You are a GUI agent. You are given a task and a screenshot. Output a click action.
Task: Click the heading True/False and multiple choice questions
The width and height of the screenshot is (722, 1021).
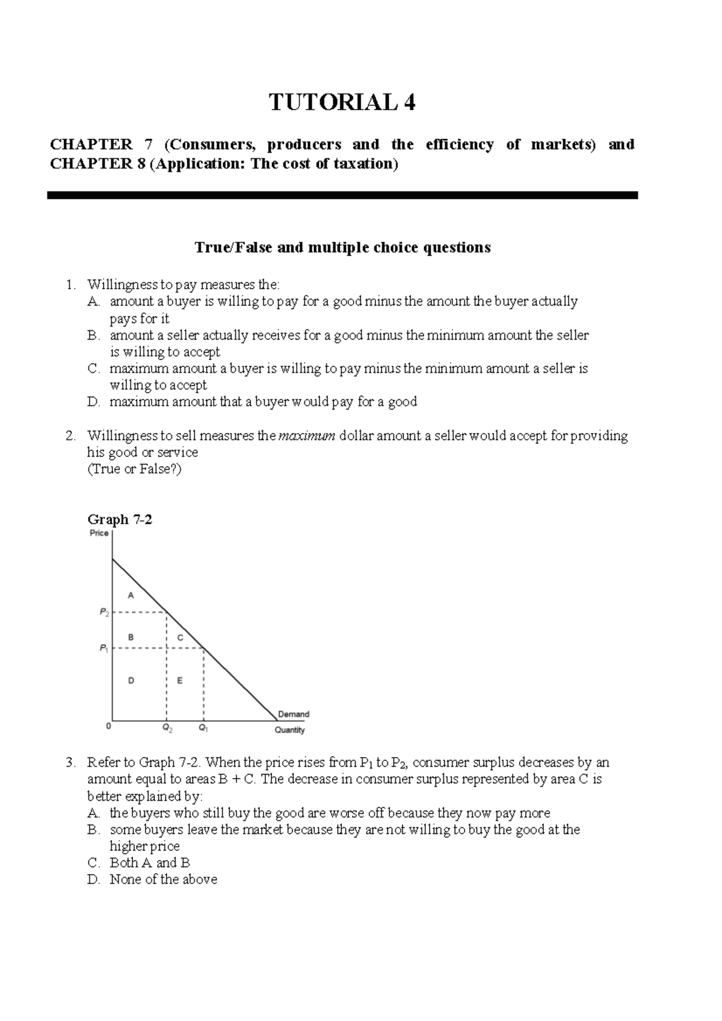point(342,247)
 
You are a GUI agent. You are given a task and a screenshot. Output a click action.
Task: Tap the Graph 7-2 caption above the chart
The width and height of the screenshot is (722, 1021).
point(119,519)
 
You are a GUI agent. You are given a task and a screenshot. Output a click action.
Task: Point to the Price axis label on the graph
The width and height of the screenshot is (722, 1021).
point(99,533)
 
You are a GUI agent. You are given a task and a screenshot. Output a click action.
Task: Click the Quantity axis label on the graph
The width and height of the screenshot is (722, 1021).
point(289,730)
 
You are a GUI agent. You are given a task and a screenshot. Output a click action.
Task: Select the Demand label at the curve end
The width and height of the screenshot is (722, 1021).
point(293,714)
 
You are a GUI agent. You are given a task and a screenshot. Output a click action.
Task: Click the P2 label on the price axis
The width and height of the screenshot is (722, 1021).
point(104,612)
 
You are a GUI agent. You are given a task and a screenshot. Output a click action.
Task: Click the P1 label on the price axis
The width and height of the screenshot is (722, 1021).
point(104,648)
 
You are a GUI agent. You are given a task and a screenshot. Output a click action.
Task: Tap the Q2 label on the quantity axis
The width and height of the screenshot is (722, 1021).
point(167,728)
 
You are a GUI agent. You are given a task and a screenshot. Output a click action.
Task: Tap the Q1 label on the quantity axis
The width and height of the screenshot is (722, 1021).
point(203,728)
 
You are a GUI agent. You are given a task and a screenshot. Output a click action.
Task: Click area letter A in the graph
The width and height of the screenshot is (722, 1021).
point(131,595)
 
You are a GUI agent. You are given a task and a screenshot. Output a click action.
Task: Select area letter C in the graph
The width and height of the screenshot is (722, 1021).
point(179,637)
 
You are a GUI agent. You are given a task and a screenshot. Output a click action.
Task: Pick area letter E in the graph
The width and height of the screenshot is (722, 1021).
point(179,681)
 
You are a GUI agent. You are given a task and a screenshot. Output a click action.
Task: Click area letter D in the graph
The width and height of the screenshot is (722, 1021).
point(131,681)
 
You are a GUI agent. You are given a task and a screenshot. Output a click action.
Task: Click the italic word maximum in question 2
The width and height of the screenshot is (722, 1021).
point(307,435)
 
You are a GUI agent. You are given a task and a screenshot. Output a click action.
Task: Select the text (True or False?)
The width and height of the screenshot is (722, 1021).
point(134,469)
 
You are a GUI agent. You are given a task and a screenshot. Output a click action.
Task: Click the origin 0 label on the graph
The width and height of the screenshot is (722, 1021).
point(108,726)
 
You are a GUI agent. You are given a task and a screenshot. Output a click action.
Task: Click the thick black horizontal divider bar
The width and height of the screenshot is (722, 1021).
point(342,195)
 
